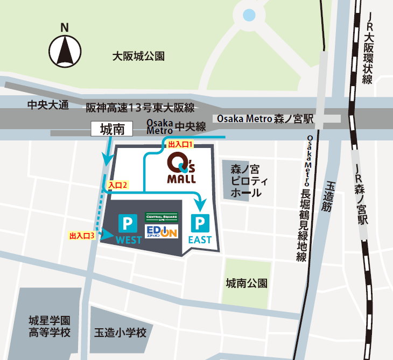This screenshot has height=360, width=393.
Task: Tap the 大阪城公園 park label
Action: [138, 55]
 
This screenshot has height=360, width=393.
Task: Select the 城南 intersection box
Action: [112, 129]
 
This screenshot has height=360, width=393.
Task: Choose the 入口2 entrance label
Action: [117, 185]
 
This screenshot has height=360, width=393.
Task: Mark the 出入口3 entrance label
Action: [82, 235]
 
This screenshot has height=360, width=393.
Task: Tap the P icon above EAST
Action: [200, 222]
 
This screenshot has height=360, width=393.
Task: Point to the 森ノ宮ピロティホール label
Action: [245, 180]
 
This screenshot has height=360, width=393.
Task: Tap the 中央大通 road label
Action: [48, 105]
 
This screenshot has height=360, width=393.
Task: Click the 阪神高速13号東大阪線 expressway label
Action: [140, 108]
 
